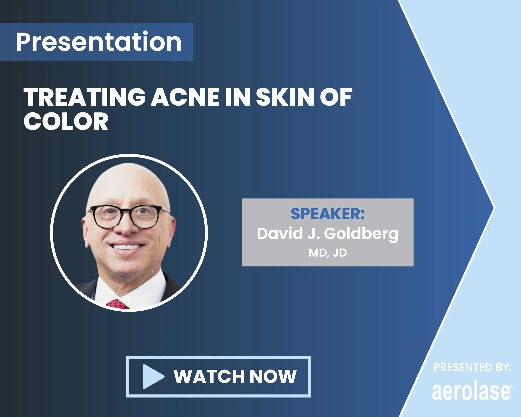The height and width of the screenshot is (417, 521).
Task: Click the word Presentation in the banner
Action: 99,42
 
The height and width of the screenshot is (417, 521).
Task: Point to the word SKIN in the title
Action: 283,98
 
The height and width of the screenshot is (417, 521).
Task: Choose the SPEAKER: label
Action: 328,214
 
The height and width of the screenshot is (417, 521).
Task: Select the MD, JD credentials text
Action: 328,253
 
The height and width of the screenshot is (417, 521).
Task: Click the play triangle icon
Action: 152,376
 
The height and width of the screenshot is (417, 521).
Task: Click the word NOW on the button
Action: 273,376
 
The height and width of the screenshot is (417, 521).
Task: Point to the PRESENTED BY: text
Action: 472,367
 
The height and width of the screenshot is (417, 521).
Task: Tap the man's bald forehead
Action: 128,185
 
